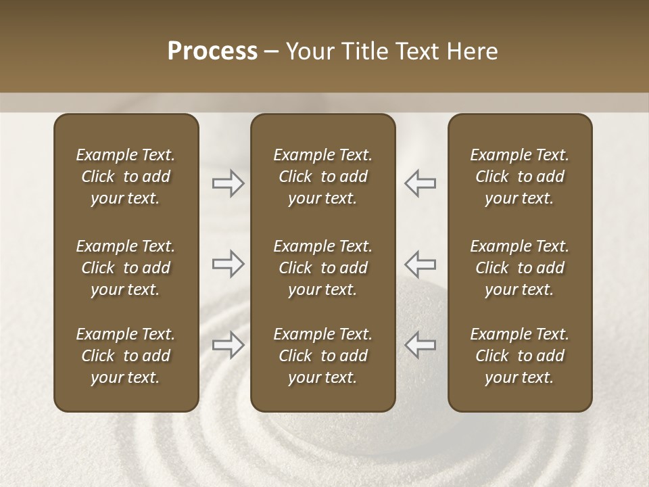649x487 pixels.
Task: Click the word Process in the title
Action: [212, 51]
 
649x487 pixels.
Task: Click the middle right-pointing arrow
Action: [228, 264]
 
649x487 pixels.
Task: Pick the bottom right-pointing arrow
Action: [228, 345]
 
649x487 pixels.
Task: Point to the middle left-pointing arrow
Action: [420, 264]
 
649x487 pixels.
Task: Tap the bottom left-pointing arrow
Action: [420, 345]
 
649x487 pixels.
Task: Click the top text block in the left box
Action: [126, 177]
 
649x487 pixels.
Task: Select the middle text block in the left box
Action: [126, 268]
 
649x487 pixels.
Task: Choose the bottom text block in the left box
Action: [126, 356]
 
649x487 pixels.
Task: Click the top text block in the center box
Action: [322, 177]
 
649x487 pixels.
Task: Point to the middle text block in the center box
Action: [322, 268]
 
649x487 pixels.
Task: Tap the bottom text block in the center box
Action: [322, 356]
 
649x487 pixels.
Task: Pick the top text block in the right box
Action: [519, 177]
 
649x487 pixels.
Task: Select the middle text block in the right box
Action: [519, 268]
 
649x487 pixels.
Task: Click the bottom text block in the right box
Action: [519, 356]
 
